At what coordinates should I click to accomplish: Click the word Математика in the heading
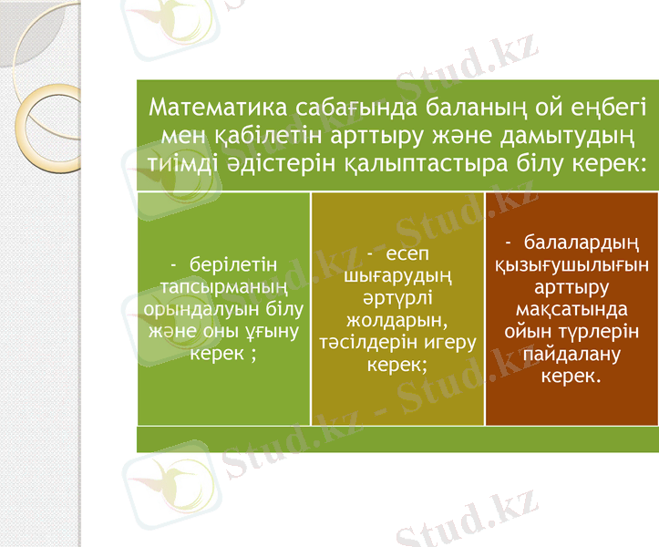point(219,108)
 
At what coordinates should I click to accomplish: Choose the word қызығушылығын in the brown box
point(571,265)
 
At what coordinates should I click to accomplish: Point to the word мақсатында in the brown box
point(571,309)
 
